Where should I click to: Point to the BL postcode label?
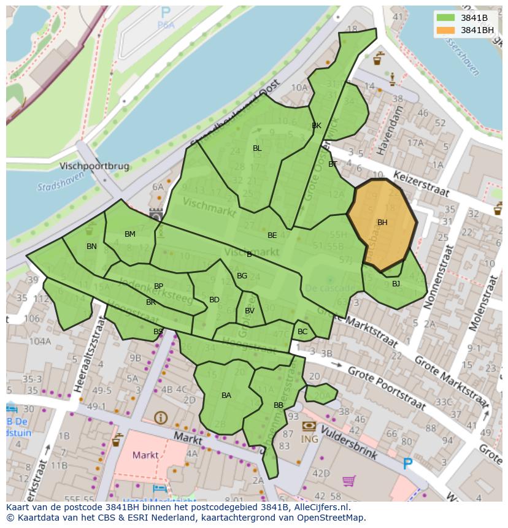pos(257,148)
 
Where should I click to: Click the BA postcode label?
pos(226,396)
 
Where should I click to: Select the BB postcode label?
pos(279,405)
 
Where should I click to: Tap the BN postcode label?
pos(91,247)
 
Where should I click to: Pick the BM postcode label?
pos(130,234)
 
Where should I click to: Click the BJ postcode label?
pos(396,283)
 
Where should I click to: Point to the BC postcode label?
pos(302,332)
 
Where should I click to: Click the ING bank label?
pos(309,439)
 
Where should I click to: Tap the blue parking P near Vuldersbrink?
pos(407,464)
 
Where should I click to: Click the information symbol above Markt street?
pos(161,418)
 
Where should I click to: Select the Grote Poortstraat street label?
pos(386,388)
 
